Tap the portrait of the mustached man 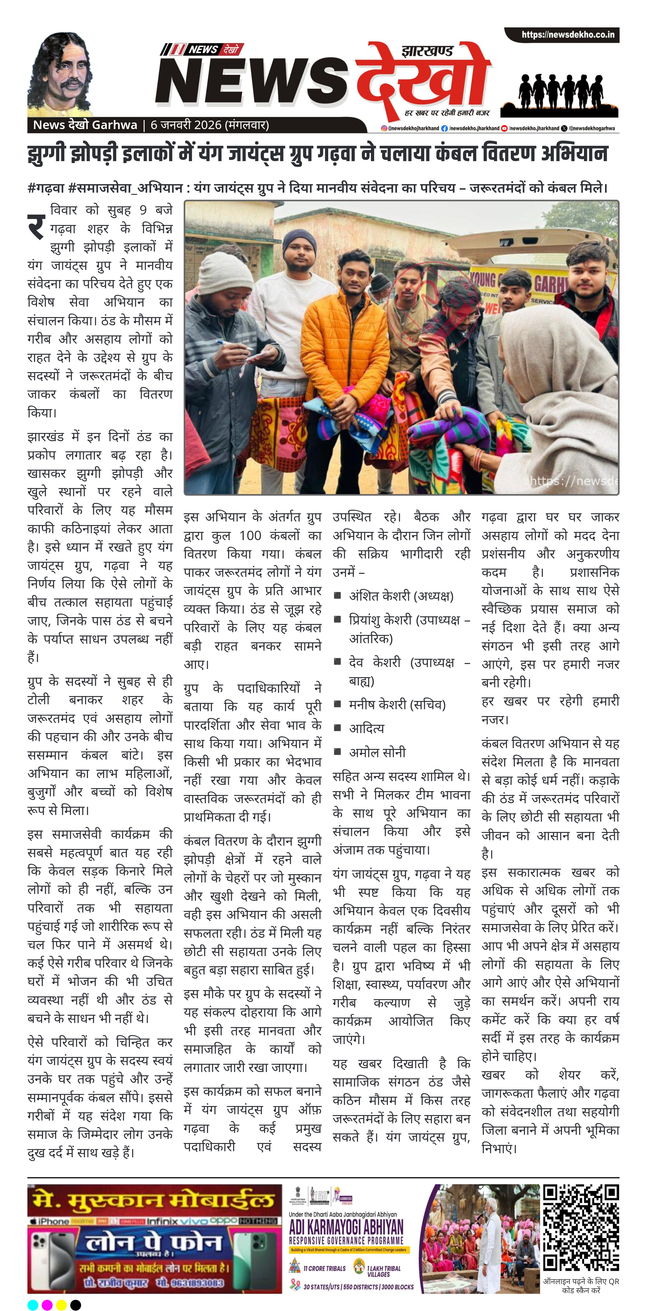[60, 75]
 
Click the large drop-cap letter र [37, 226]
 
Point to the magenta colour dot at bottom [47, 1304]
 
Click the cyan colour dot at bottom [33, 1304]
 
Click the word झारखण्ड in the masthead [427, 52]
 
